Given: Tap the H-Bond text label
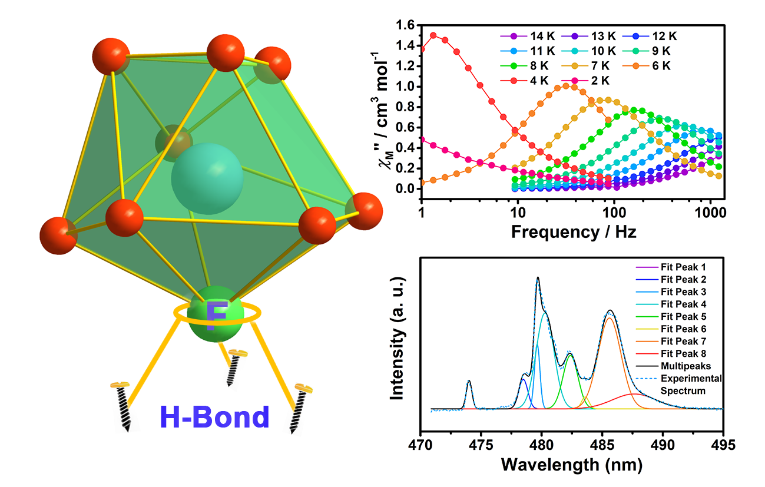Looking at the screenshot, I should (214, 417).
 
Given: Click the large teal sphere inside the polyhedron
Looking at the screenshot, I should (207, 178).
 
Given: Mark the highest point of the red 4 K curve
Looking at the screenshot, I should (433, 35).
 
